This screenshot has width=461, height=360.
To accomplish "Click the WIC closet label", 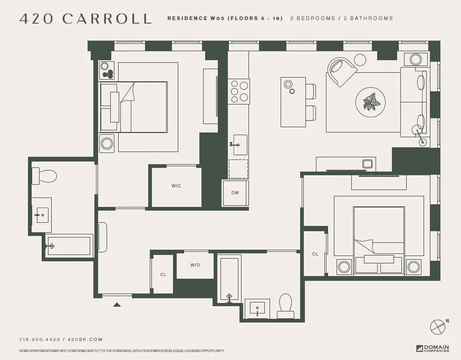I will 176,186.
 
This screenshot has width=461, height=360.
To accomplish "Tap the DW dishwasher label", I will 235,193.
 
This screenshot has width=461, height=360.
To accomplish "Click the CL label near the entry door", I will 163,274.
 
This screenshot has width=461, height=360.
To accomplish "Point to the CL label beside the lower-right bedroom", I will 315,254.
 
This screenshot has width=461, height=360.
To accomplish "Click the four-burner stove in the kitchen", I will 238,90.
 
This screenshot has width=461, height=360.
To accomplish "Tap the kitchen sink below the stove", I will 240,144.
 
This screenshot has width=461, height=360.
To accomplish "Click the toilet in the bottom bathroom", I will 285,306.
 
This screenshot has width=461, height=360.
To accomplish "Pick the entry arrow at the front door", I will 117,304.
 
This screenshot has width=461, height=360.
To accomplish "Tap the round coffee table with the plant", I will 371,102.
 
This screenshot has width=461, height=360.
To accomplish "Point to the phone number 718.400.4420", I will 39,339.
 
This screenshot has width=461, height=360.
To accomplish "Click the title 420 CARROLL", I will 85,18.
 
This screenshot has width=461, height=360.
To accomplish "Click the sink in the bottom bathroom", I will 257,308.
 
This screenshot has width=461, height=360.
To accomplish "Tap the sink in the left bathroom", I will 41,215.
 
